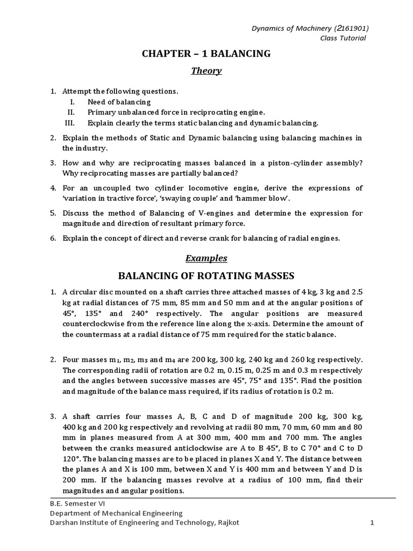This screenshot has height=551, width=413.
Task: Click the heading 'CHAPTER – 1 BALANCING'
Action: click(x=206, y=53)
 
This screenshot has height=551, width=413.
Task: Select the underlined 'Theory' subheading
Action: click(x=206, y=71)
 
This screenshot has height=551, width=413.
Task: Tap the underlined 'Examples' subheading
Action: click(x=206, y=258)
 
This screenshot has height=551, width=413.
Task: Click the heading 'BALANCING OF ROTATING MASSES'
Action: click(x=206, y=276)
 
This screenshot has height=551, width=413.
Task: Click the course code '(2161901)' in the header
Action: click(x=351, y=29)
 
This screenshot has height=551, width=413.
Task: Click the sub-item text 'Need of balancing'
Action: click(x=119, y=102)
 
